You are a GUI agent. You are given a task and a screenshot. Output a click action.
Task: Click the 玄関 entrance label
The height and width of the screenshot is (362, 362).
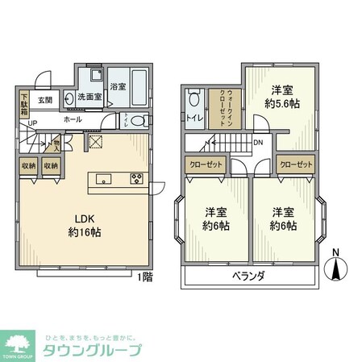pos(45,101)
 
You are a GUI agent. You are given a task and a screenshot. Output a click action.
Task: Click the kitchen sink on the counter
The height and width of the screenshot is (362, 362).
pos(104,179)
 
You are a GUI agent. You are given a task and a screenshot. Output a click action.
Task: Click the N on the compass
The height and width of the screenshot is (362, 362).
pos(337,253)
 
